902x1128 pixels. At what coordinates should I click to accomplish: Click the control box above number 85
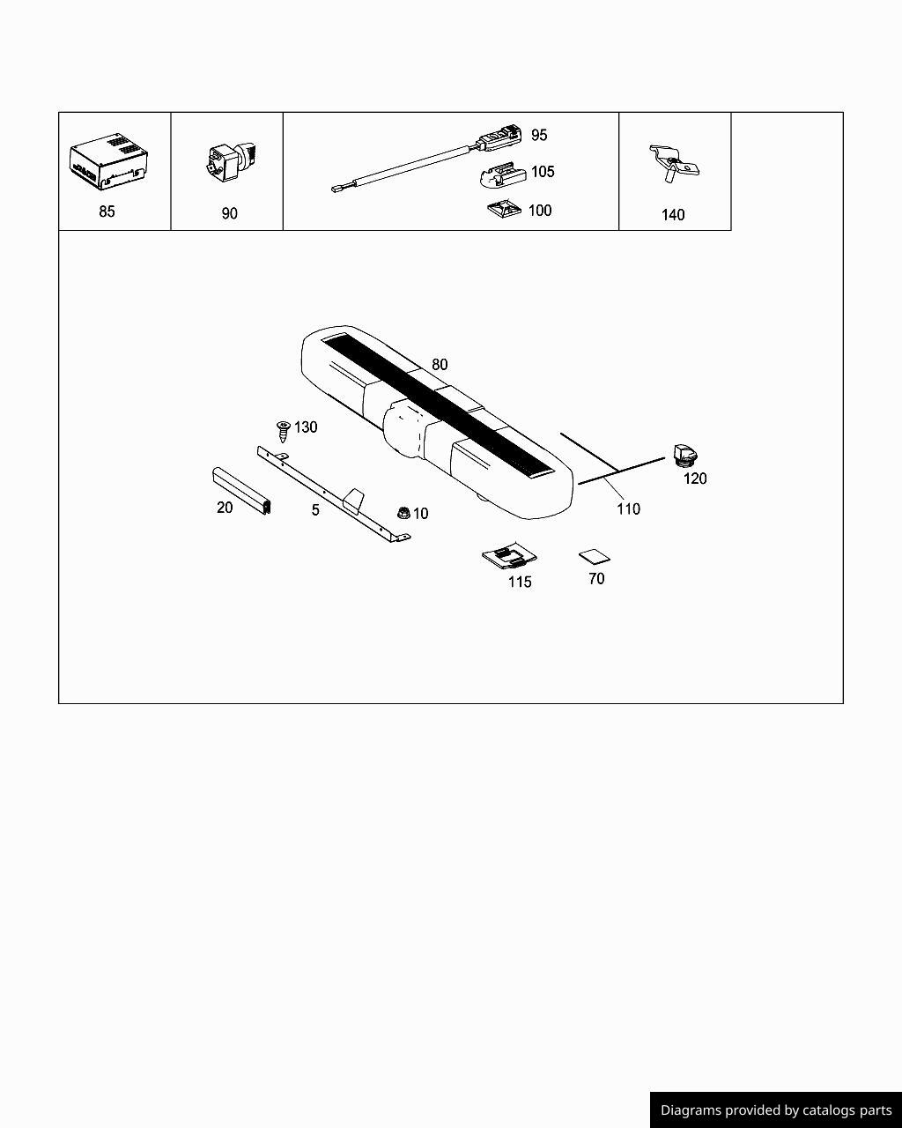click(108, 160)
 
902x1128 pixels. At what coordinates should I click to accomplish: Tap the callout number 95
click(539, 135)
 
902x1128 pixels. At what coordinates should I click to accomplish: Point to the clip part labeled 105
click(500, 175)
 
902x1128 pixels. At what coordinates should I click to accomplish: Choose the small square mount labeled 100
click(503, 211)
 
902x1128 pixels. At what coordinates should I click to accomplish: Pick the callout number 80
click(440, 364)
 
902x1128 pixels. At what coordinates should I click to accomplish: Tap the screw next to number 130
click(284, 431)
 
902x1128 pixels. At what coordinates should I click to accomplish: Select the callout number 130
click(306, 427)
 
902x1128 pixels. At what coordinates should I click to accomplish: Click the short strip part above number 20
click(241, 490)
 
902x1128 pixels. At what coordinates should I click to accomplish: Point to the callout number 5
click(315, 510)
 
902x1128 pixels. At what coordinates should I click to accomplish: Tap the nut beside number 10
click(403, 512)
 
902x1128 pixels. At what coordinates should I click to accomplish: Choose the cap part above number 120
click(684, 455)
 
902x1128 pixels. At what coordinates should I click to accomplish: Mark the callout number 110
click(628, 508)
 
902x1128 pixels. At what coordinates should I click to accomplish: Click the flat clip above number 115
click(509, 557)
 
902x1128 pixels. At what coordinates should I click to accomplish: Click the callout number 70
click(596, 579)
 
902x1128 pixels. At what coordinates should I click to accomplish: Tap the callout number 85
click(107, 211)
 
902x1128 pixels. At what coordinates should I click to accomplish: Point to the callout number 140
click(673, 215)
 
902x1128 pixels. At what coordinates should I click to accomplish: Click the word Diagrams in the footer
click(690, 1110)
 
